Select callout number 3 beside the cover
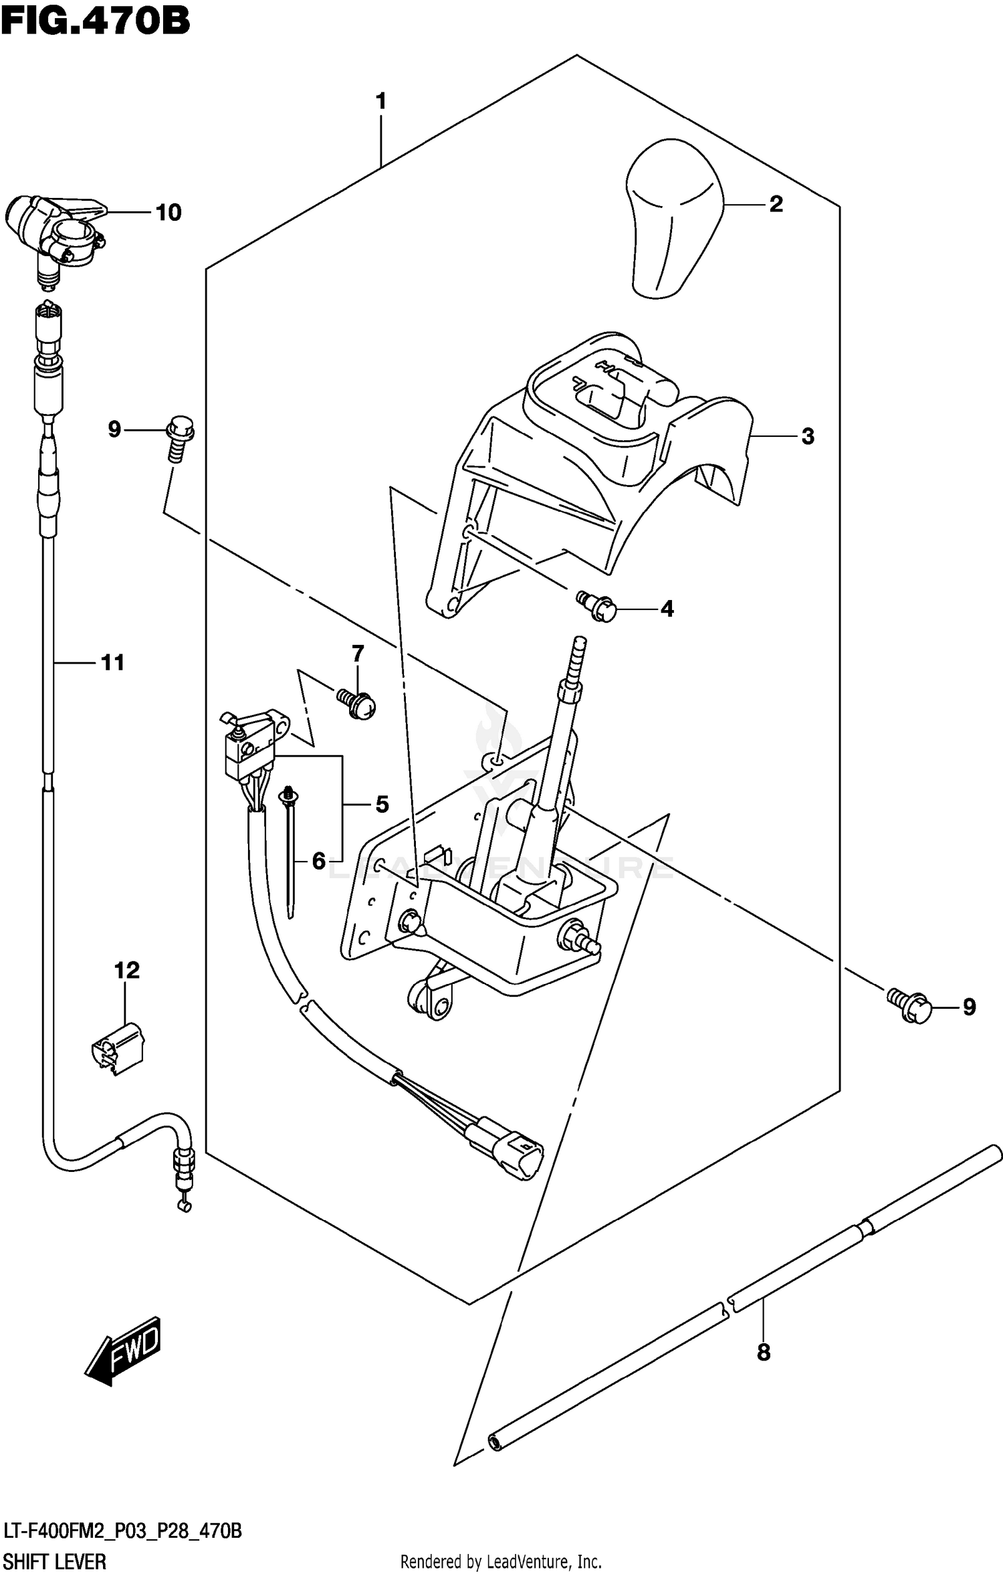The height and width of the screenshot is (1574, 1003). click(x=808, y=437)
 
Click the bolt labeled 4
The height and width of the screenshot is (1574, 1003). click(x=596, y=607)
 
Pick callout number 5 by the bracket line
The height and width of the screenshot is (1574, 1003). click(x=382, y=804)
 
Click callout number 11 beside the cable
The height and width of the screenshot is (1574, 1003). click(x=112, y=662)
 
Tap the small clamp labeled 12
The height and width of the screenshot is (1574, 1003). click(x=118, y=1048)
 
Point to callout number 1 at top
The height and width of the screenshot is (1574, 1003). click(x=380, y=102)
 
